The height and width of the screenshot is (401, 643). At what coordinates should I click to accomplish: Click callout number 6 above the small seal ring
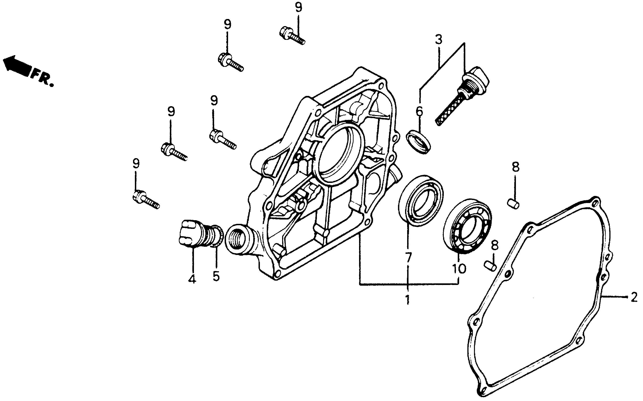(x=419, y=111)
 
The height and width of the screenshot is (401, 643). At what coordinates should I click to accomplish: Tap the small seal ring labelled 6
(x=419, y=141)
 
